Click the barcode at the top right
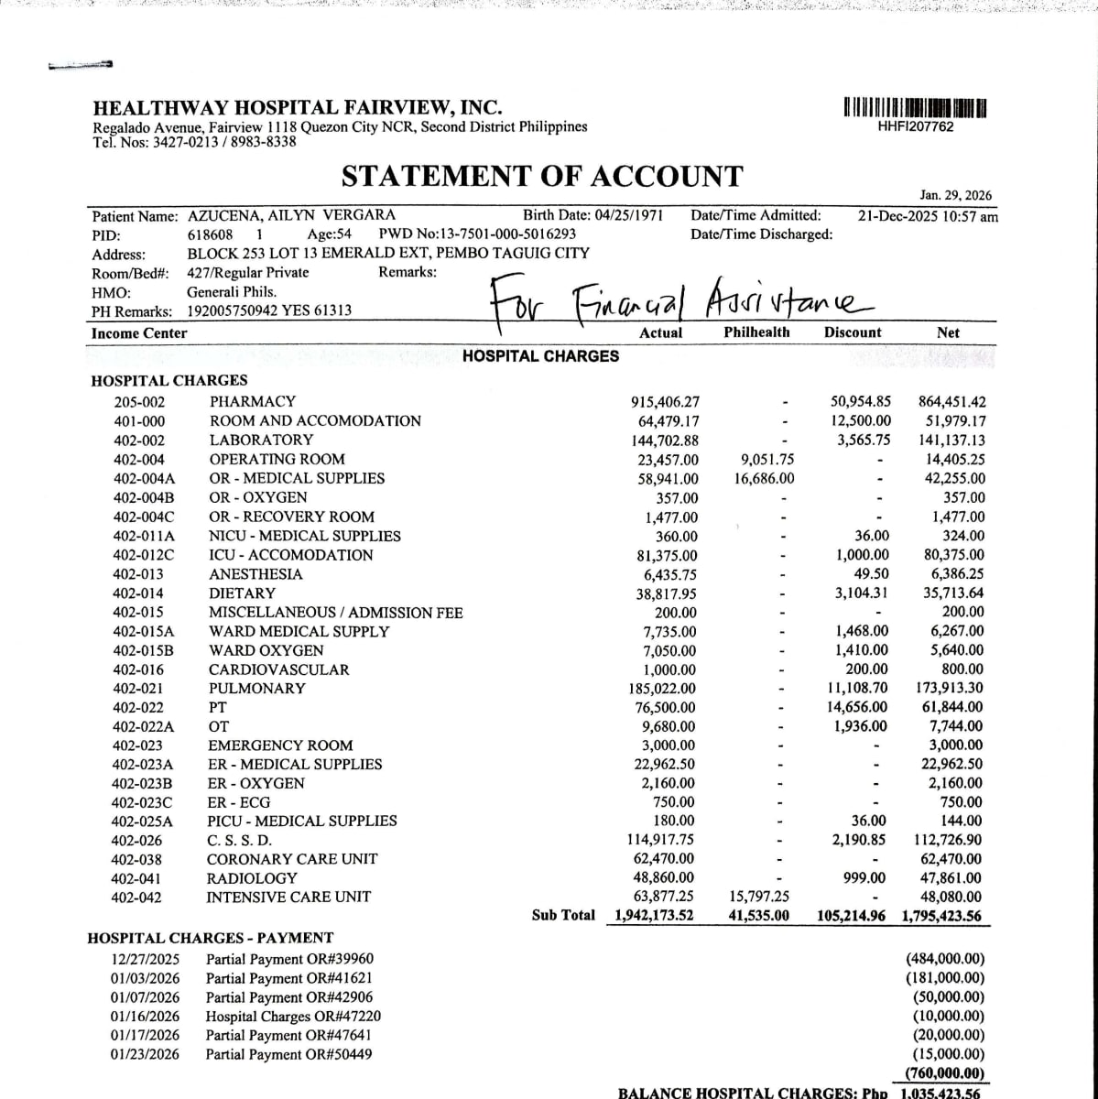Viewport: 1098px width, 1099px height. click(915, 107)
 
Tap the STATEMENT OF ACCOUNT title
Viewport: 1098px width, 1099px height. click(542, 176)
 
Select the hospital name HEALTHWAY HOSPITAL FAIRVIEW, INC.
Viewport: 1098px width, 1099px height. click(298, 108)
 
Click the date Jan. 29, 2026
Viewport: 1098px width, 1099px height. click(955, 195)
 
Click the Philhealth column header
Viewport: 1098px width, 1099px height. click(756, 332)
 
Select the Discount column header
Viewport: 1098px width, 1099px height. click(852, 332)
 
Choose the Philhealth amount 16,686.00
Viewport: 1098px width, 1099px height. click(765, 478)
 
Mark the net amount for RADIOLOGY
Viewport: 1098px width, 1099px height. click(950, 878)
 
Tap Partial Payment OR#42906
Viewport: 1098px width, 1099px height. click(289, 997)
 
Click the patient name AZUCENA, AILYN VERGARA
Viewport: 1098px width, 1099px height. click(291, 216)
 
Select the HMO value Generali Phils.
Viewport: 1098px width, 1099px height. click(232, 292)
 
